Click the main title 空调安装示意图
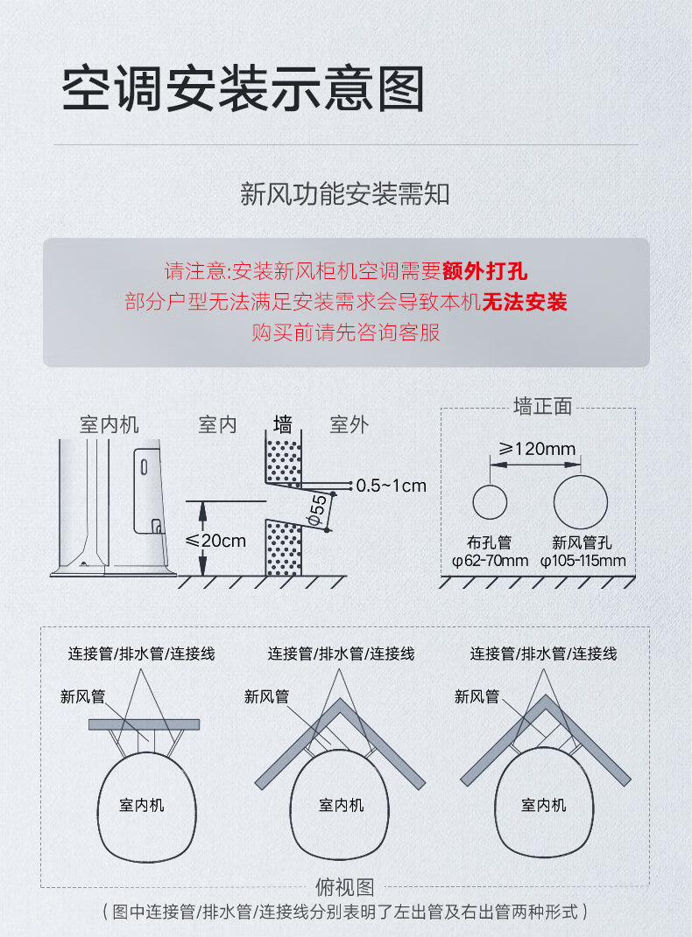point(243,89)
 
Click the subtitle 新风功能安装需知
point(344,194)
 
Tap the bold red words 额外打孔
point(484,271)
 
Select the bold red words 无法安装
point(525,302)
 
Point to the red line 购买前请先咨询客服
point(346,332)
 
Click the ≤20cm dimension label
point(215,541)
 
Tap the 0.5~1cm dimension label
point(392,486)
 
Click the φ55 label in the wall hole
point(318,509)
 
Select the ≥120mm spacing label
point(536,448)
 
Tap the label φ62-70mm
point(490,561)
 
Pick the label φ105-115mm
point(583,561)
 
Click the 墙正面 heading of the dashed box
point(542,406)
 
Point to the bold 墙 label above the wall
point(283,424)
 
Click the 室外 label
point(350,425)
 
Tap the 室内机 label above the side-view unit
point(109,425)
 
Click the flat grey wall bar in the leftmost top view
point(145,724)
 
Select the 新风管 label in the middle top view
point(266,696)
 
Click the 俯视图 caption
point(344,887)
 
